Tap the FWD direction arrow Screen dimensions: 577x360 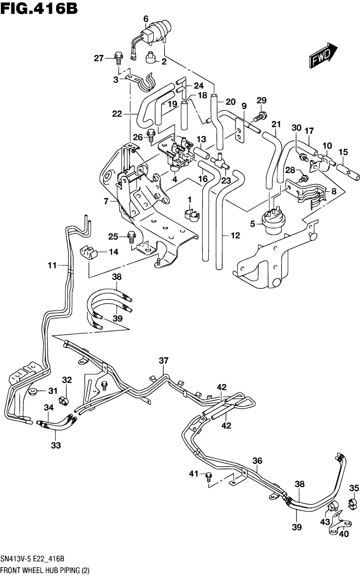pyautogui.click(x=323, y=55)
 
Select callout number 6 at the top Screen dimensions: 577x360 pyautogui.click(x=146, y=19)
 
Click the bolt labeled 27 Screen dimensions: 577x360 pyautogui.click(x=118, y=58)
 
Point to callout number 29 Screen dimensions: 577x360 pyautogui.click(x=262, y=101)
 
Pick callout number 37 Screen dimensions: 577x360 pyautogui.click(x=164, y=360)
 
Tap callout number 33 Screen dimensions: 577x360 pyautogui.click(x=56, y=446)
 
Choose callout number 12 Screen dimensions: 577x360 pyautogui.click(x=235, y=236)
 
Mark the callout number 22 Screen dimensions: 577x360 pyautogui.click(x=117, y=114)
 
